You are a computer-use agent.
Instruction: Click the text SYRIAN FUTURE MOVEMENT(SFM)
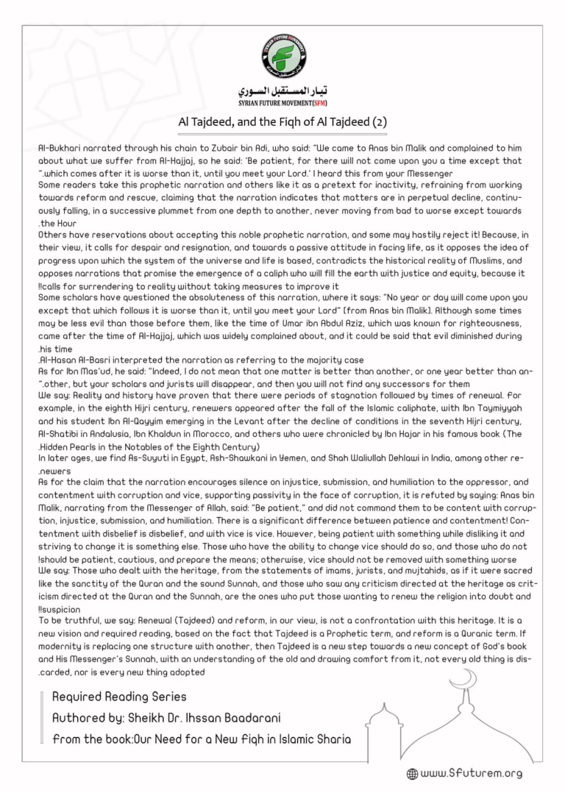pos(283,104)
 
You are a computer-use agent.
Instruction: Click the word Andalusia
pos(99,434)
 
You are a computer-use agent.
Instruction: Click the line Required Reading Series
pos(119,696)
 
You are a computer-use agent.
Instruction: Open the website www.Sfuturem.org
pos(471,773)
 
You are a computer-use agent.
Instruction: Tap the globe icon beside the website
pos(412,774)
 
